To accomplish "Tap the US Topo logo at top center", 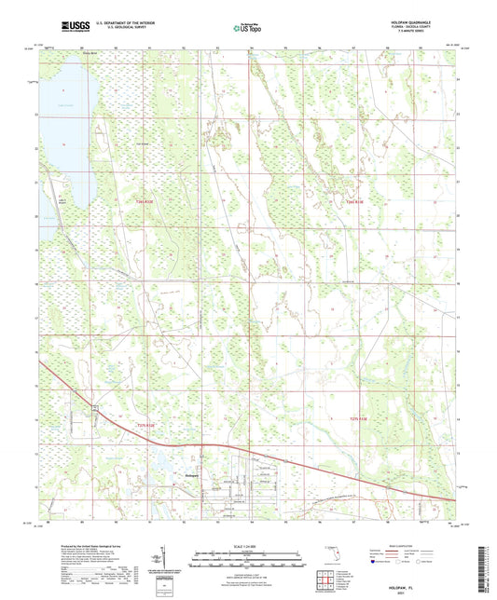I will (247, 28).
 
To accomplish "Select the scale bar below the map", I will (249, 562).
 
